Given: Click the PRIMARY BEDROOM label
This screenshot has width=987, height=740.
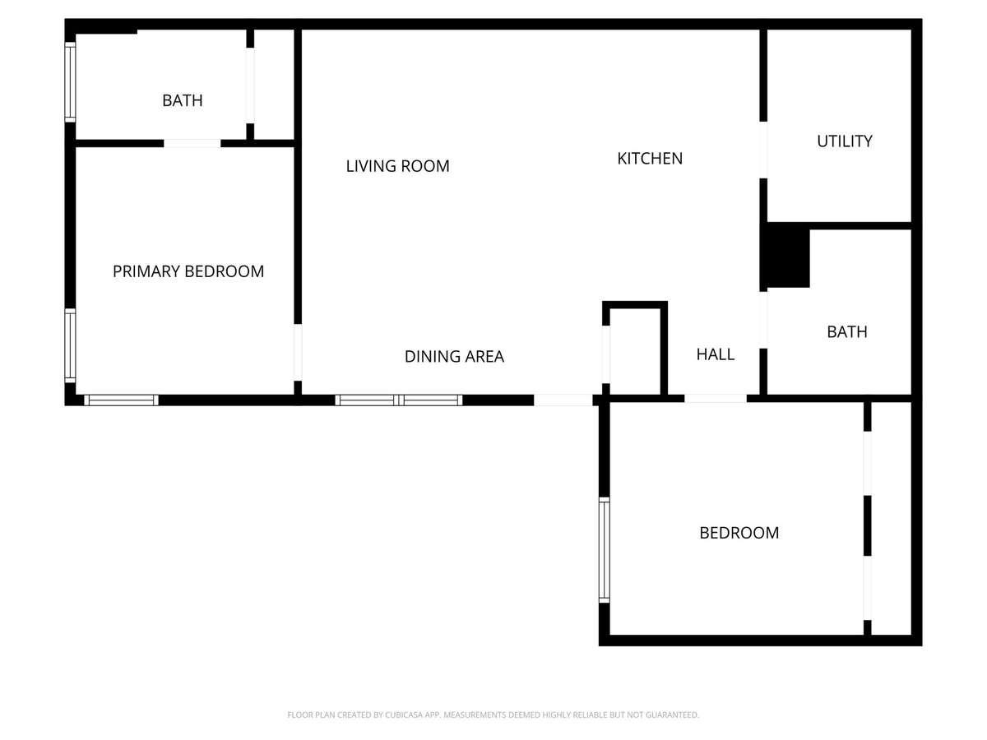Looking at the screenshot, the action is pyautogui.click(x=188, y=271).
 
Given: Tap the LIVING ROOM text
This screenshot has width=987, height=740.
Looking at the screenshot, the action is pyautogui.click(x=397, y=166).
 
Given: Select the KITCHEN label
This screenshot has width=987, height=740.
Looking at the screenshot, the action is pyautogui.click(x=650, y=159).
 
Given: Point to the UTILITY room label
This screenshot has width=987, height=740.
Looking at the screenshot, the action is pyautogui.click(x=845, y=141).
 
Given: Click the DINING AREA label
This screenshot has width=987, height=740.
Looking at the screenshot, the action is pyautogui.click(x=454, y=357).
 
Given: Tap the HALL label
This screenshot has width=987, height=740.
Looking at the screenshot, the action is pyautogui.click(x=715, y=355).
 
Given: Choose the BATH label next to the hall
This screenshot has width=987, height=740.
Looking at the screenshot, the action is pyautogui.click(x=846, y=332).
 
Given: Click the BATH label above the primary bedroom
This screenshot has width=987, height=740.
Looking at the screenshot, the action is pyautogui.click(x=182, y=100).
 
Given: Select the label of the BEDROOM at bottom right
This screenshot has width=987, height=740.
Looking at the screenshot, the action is pyautogui.click(x=739, y=533).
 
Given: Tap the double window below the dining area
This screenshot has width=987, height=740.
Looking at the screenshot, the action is pyautogui.click(x=398, y=400).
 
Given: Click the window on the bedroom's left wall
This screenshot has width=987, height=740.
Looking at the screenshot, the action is pyautogui.click(x=605, y=550).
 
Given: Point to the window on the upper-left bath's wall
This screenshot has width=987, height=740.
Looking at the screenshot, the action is pyautogui.click(x=70, y=81).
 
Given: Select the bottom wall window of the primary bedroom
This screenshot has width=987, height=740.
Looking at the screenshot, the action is pyautogui.click(x=122, y=400).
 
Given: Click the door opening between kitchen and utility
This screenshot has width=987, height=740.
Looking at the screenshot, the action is pyautogui.click(x=763, y=150).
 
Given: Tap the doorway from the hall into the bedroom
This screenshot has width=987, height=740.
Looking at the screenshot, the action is pyautogui.click(x=716, y=399).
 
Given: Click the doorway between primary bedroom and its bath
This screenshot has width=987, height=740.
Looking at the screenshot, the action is pyautogui.click(x=192, y=143).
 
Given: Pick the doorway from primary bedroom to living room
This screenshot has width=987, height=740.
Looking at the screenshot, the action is pyautogui.click(x=298, y=352).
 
